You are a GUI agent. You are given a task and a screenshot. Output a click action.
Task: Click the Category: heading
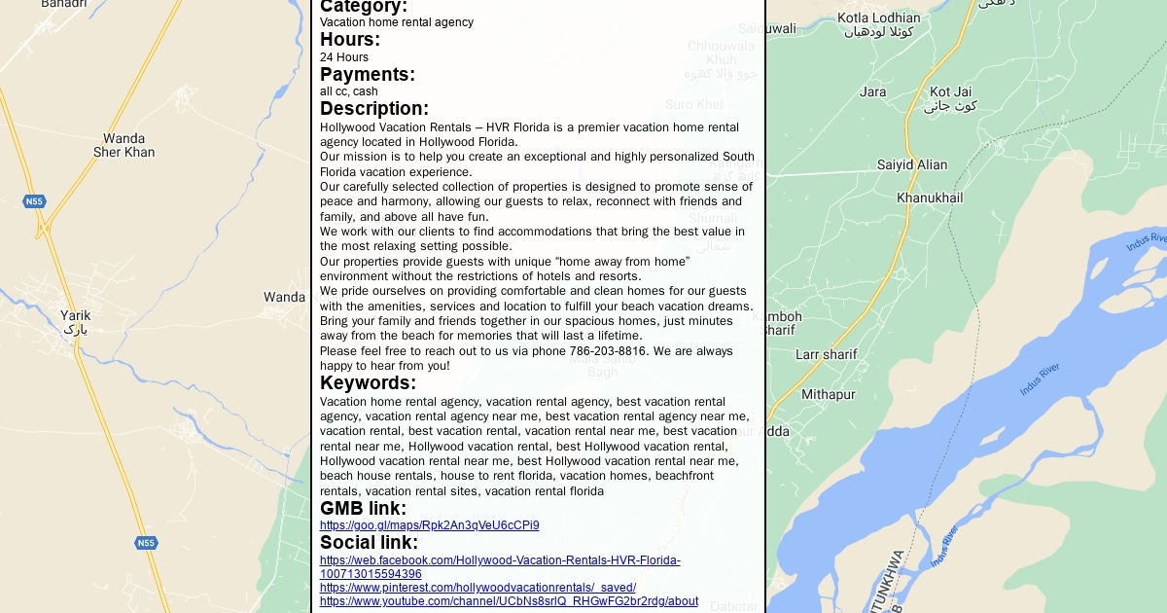tap(364, 7)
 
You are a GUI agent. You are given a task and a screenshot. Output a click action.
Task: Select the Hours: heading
tap(350, 40)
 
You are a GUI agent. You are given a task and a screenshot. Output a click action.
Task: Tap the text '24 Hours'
tap(344, 57)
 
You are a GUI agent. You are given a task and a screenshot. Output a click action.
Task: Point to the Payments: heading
tap(368, 75)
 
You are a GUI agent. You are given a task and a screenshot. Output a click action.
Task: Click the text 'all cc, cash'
tap(349, 91)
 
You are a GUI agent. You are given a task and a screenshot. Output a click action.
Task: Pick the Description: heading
tap(374, 109)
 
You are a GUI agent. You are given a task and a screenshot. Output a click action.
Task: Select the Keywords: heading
tap(368, 383)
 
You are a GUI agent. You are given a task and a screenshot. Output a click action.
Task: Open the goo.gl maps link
tap(430, 525)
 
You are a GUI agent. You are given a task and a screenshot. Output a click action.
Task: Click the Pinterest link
tap(477, 588)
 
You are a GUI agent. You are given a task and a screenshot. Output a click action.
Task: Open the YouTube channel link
tap(509, 601)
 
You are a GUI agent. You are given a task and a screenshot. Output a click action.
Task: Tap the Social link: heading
tap(369, 543)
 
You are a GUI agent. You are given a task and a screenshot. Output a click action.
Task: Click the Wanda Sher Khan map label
tap(124, 145)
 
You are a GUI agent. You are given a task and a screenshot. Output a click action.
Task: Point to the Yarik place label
tap(75, 315)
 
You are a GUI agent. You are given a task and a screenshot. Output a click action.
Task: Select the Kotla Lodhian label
tap(879, 18)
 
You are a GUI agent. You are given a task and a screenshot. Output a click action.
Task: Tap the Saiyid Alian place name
tap(912, 164)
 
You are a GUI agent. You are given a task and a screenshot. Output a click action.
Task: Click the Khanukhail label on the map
tap(930, 198)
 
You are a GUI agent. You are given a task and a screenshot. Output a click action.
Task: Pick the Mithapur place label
tap(829, 394)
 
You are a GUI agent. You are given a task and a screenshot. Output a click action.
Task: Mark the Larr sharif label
tap(827, 354)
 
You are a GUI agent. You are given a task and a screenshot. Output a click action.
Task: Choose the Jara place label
tap(873, 91)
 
